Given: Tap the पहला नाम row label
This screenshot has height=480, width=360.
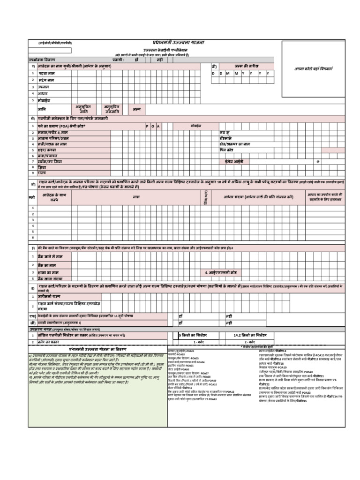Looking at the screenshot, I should tap(47, 74).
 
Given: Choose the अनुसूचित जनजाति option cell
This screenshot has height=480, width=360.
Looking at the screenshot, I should tap(112, 109).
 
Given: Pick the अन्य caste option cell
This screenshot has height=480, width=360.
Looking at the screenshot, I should tap(136, 109).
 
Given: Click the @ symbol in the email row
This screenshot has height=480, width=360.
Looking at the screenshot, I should tap(317, 161).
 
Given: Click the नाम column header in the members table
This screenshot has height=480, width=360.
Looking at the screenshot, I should tap(136, 197).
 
